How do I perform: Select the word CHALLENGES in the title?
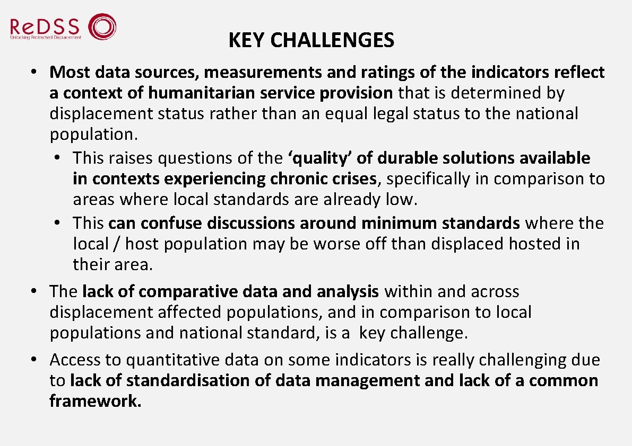coord(332,40)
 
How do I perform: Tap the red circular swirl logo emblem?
coord(101,26)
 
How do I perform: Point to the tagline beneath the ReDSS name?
coord(46,38)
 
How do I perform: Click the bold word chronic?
coord(295,179)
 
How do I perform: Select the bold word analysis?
coord(348,291)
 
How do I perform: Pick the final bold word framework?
coord(96,402)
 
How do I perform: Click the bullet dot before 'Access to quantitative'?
coord(33,360)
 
